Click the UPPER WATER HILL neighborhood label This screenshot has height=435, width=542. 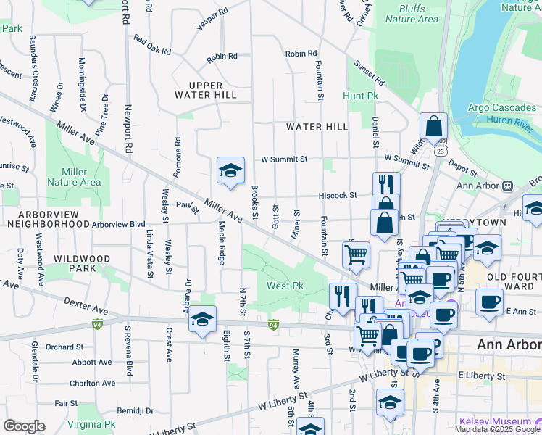coord(206,90)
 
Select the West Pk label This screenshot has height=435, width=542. coord(285,286)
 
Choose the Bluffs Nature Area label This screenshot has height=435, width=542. coord(412,14)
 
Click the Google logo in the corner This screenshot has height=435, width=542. coord(24,426)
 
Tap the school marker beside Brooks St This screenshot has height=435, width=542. coord(231,171)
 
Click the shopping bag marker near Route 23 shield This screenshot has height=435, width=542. coord(433,126)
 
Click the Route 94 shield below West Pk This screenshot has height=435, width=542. coord(273,324)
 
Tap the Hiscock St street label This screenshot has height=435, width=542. coord(339,195)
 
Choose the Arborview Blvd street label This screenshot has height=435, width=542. coord(118,224)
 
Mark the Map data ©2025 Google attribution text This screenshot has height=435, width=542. coord(496,429)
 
